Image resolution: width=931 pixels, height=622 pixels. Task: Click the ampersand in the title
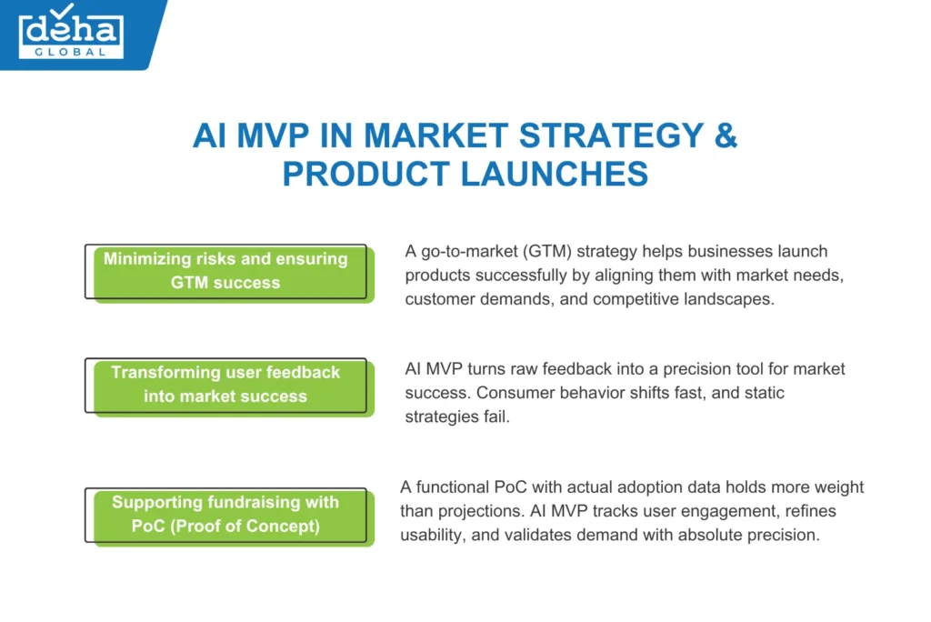click(x=724, y=135)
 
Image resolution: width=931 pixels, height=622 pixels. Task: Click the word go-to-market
click(x=465, y=251)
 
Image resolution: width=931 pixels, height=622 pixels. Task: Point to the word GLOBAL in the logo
click(x=71, y=51)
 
